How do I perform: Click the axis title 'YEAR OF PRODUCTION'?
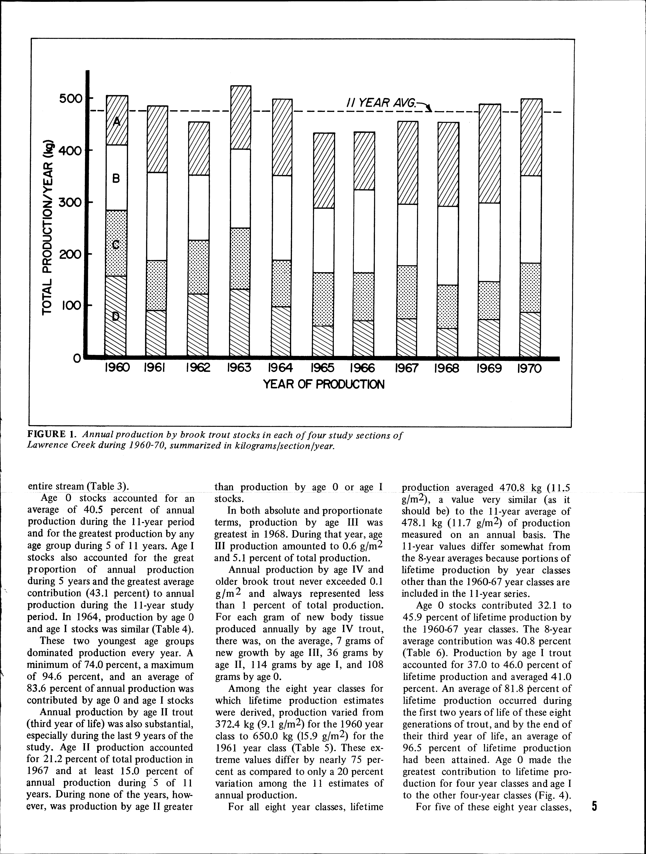[x=324, y=385]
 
